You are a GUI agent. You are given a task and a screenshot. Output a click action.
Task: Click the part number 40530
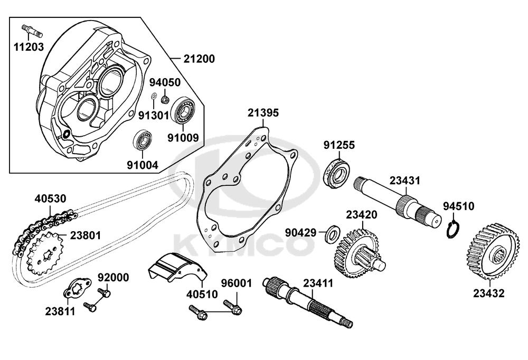[x=51, y=199]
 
